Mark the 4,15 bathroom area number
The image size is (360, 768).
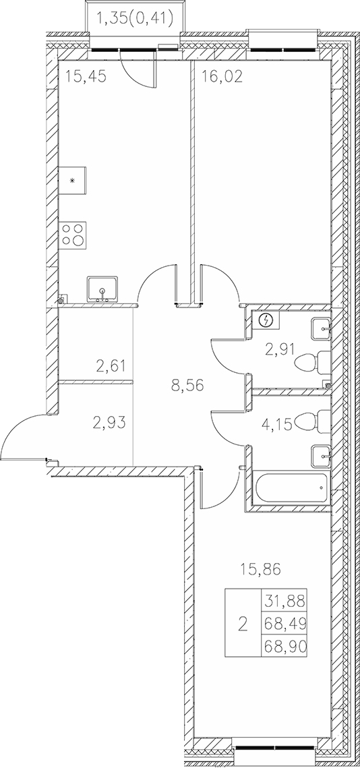pyautogui.click(x=277, y=425)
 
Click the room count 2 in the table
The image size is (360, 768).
pyautogui.click(x=243, y=624)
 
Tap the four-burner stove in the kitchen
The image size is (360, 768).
pyautogui.click(x=73, y=233)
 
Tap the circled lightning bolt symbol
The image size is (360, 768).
pyautogui.click(x=265, y=320)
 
